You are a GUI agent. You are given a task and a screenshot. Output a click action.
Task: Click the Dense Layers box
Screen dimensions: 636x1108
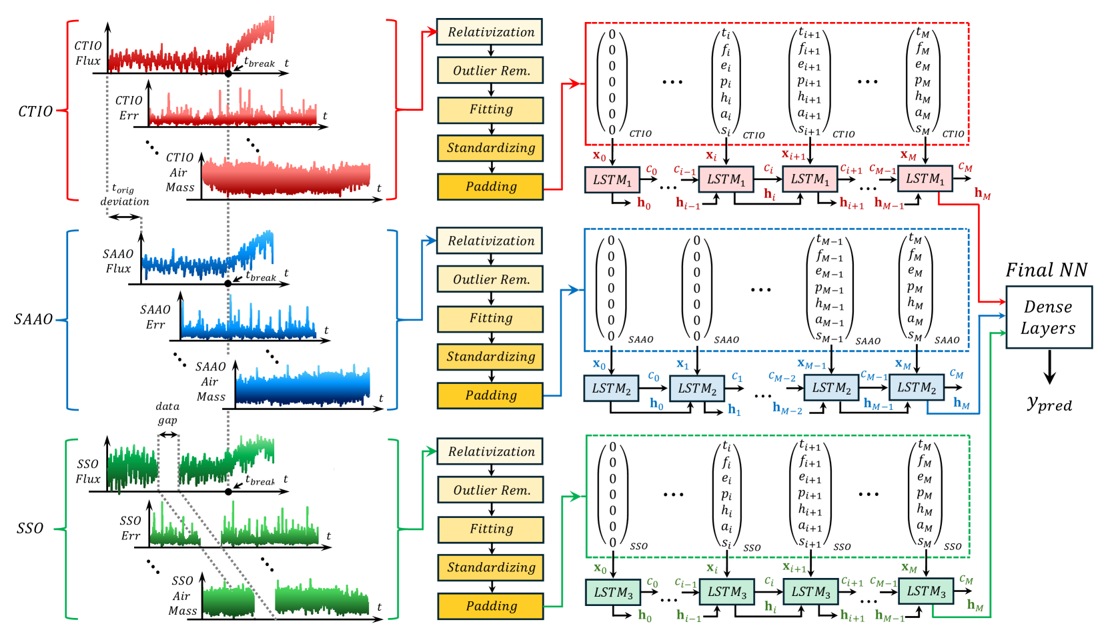pyautogui.click(x=1048, y=317)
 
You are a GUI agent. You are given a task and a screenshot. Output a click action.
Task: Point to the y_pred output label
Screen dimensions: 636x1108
pyautogui.click(x=1049, y=403)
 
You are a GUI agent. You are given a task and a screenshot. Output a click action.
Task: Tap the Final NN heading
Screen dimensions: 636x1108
pyautogui.click(x=1046, y=270)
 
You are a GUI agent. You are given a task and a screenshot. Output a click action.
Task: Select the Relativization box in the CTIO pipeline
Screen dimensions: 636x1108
pyautogui.click(x=490, y=32)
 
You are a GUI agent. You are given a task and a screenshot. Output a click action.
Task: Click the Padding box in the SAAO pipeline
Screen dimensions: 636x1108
pyautogui.click(x=490, y=395)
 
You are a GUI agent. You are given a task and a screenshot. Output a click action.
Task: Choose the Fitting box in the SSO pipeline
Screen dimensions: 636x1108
pyautogui.click(x=490, y=529)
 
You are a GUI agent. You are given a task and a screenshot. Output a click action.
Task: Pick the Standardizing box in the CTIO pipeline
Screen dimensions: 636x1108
pyautogui.click(x=490, y=148)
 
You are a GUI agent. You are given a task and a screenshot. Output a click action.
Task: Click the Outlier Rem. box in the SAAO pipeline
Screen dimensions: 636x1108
pyautogui.click(x=490, y=279)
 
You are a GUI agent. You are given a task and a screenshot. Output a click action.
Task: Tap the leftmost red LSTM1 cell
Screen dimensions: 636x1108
pyautogui.click(x=612, y=180)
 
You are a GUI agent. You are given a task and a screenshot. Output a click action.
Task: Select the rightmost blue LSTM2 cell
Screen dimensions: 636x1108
pyautogui.click(x=916, y=388)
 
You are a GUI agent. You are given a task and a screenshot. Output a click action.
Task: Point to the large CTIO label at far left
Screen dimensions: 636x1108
pyautogui.click(x=35, y=111)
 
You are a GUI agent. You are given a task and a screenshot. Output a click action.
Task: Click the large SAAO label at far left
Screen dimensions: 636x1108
pyautogui.click(x=33, y=319)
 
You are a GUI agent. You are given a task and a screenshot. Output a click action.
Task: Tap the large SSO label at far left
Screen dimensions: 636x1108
pyautogui.click(x=30, y=529)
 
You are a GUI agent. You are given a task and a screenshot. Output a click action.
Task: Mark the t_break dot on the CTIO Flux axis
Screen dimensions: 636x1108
pyautogui.click(x=228, y=73)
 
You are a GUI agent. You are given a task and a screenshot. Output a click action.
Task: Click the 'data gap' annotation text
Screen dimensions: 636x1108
pyautogui.click(x=167, y=413)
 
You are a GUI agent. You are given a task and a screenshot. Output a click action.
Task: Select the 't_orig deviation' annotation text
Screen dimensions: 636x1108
pyautogui.click(x=124, y=195)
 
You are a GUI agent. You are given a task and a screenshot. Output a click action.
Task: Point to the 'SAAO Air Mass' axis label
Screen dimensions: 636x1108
pyautogui.click(x=211, y=382)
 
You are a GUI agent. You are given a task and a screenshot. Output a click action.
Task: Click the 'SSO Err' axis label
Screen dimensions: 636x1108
pyautogui.click(x=131, y=528)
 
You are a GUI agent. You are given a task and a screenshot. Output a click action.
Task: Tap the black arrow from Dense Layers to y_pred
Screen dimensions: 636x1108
pyautogui.click(x=1049, y=367)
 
